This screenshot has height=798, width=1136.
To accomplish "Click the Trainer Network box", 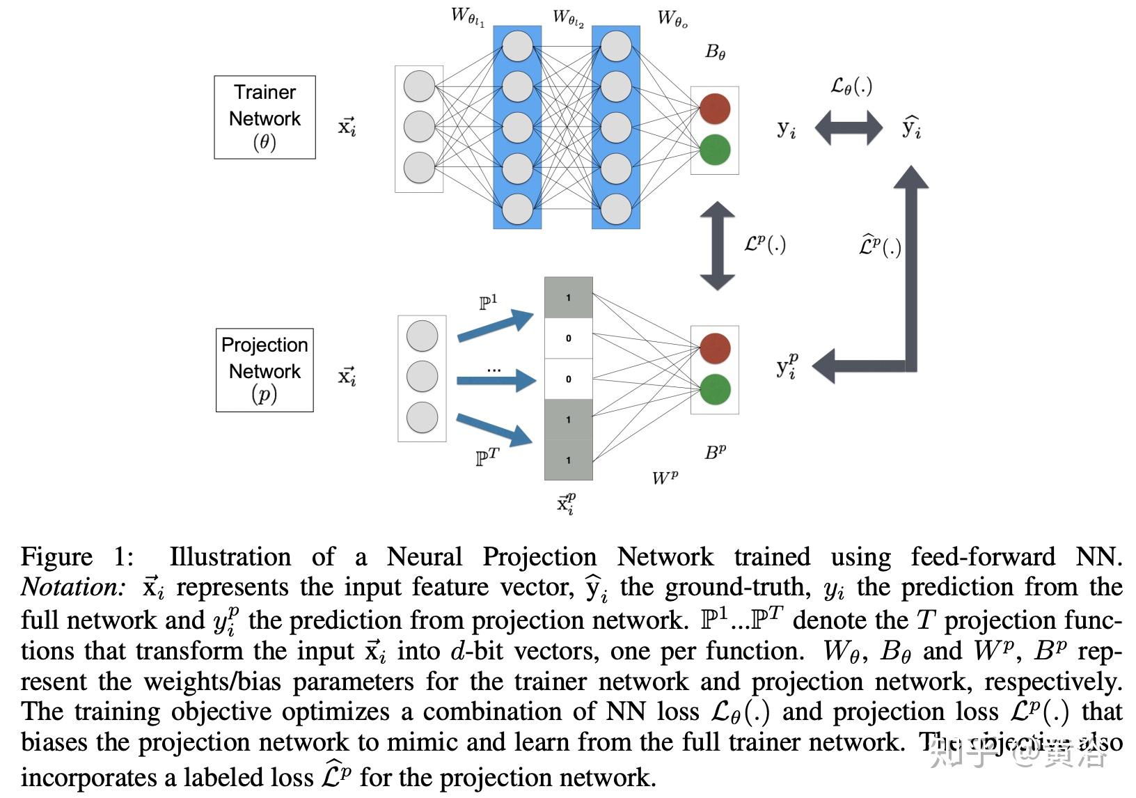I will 265,117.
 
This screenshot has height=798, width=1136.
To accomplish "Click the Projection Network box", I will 265,370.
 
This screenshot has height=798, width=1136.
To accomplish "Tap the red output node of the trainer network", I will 714,109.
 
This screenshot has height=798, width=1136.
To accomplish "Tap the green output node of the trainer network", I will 714,150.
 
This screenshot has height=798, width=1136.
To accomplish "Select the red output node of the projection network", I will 715,348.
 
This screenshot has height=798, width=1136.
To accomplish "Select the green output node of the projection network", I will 715,389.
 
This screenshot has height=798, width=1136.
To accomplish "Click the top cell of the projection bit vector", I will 568,298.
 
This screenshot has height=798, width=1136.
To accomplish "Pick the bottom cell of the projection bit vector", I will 568,460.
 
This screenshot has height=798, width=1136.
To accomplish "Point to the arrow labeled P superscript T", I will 495,430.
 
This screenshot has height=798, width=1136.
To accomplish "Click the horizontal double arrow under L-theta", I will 848,129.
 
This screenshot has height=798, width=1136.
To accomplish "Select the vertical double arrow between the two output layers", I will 717,246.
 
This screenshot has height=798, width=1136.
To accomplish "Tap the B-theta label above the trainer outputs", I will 715,52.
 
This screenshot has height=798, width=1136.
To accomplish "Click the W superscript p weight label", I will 665,478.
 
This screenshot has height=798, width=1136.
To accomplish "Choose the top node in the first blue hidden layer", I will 517,46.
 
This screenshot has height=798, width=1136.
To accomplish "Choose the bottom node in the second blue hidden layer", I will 616,209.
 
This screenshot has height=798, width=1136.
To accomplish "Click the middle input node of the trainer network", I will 419,127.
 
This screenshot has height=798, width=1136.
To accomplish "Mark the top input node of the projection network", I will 422,336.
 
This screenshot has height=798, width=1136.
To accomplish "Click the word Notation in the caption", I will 73,588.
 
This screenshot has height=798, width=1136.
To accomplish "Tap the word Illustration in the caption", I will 230,557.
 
